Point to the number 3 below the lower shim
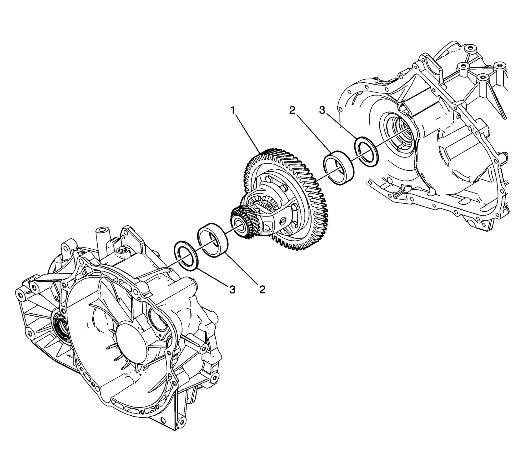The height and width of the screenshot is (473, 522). click(x=232, y=290)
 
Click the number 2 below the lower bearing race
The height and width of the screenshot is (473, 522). click(x=262, y=290)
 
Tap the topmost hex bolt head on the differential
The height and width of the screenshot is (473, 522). click(x=268, y=179)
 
